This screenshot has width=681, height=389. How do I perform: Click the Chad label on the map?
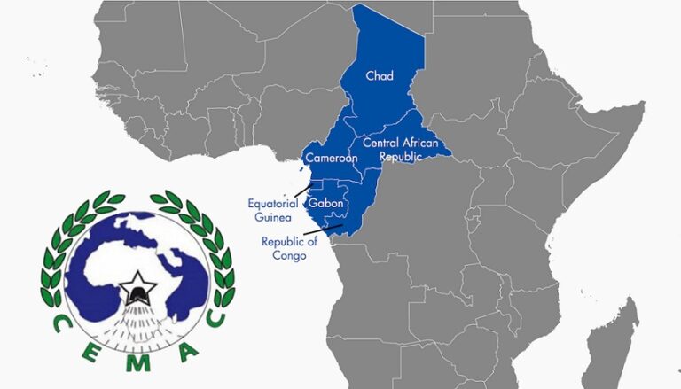379,77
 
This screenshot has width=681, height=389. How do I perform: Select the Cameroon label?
331,159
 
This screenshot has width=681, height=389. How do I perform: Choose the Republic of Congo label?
284,249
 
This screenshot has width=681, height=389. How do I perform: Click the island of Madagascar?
624,338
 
